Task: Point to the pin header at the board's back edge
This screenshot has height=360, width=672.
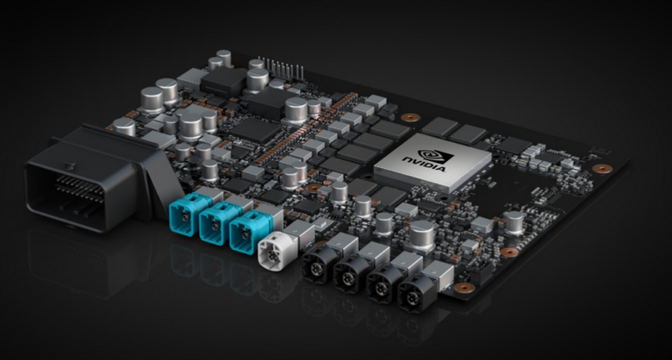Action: coord(276,67)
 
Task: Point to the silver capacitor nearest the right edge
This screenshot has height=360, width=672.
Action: coord(514,222)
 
